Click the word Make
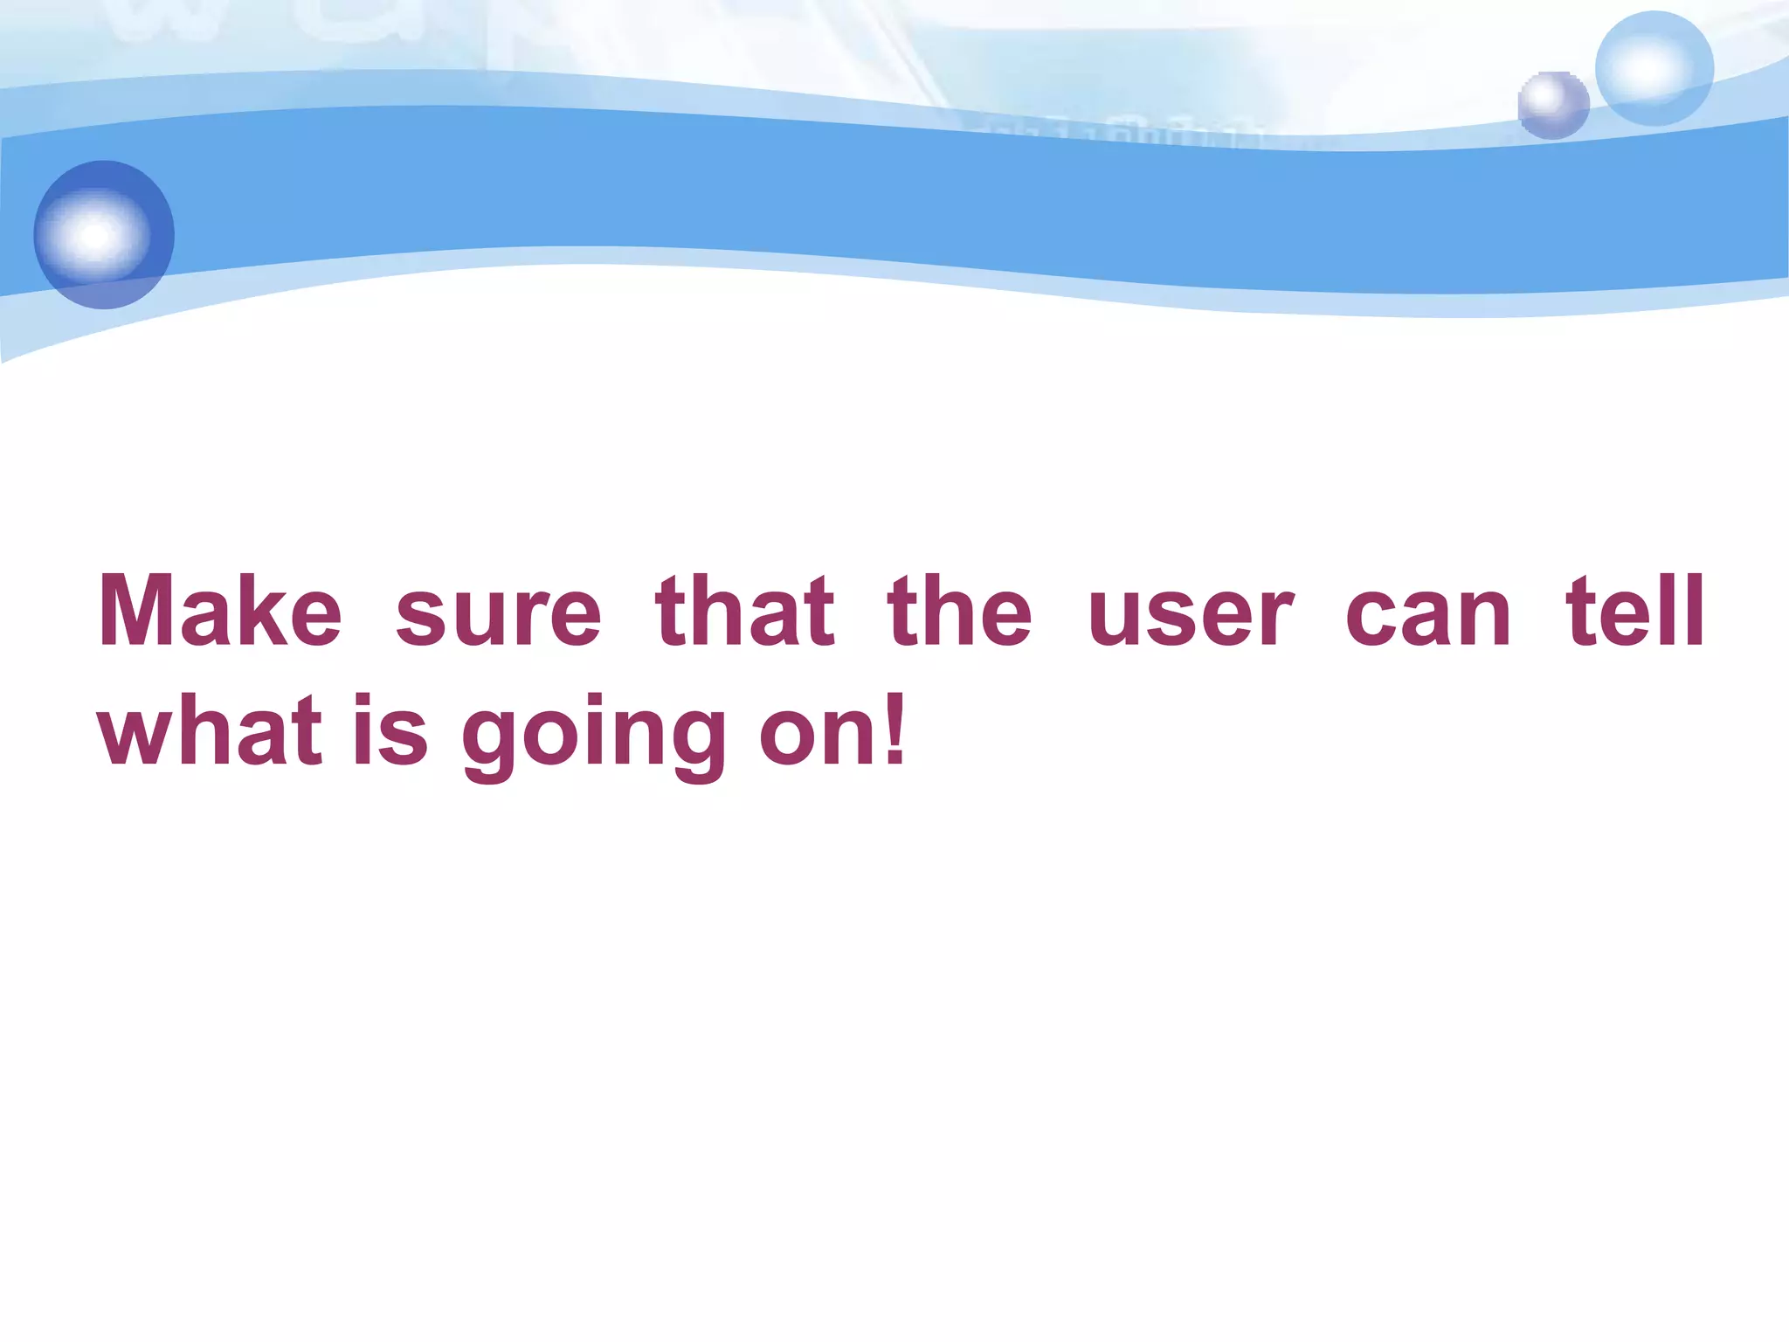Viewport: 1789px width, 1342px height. [220, 611]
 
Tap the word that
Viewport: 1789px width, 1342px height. [745, 611]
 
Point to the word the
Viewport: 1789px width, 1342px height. [959, 611]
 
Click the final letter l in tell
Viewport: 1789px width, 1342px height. [1694, 611]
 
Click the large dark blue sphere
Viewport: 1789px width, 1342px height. [104, 234]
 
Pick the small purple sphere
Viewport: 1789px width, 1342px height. [1552, 105]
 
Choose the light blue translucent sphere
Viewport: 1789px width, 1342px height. [1654, 68]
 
